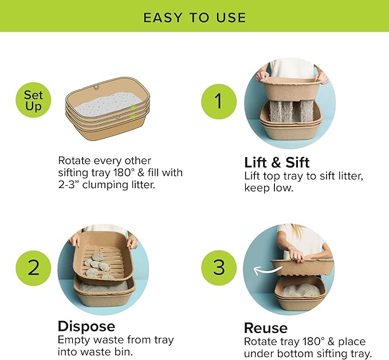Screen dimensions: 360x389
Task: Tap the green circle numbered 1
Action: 218,103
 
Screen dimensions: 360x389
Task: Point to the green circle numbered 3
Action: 218,268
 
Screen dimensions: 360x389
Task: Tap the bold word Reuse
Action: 265,328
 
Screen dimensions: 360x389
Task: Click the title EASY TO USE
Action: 194,17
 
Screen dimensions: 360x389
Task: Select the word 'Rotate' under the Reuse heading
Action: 262,342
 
